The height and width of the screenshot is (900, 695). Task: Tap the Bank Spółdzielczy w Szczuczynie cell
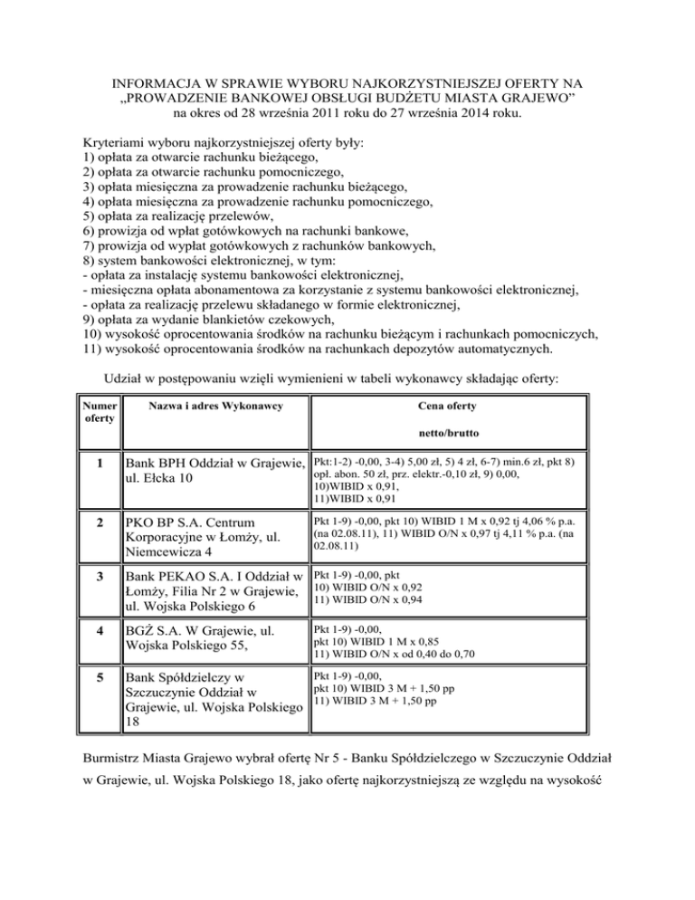click(x=215, y=700)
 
